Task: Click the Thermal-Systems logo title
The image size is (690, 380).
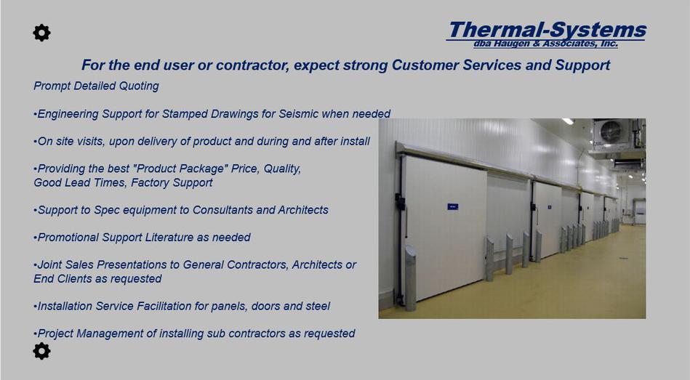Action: (x=547, y=30)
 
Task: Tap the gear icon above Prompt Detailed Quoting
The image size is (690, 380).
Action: (x=41, y=33)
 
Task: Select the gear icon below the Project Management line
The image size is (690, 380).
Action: (x=41, y=351)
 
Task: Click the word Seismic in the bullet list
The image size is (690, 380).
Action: (x=298, y=114)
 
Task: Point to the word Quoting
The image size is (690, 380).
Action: (x=139, y=86)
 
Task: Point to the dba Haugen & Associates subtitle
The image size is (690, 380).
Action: (x=545, y=44)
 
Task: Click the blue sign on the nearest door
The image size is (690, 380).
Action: (x=453, y=207)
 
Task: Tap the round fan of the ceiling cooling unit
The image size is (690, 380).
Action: (x=611, y=131)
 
